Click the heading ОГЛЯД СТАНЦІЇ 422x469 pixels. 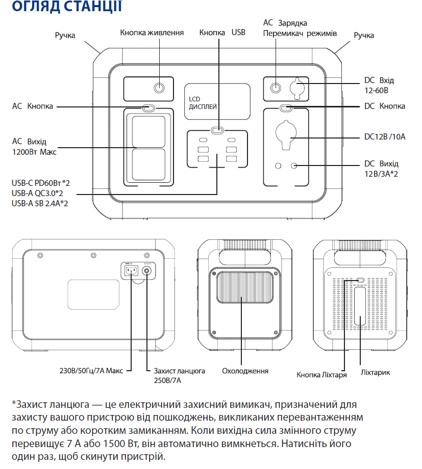tap(66, 7)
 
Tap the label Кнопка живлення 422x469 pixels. tap(152, 33)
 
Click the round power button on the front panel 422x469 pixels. tap(160, 88)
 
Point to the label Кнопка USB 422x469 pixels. tap(222, 33)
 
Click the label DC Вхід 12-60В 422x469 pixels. tap(379, 85)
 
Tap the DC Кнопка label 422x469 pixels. tap(385, 106)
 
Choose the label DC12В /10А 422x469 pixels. tap(384, 137)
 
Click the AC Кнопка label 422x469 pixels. tap(33, 107)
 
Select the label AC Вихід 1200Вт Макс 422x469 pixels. tap(34, 147)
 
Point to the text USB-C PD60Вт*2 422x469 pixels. tap(40, 183)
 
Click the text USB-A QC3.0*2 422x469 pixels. tap(40, 193)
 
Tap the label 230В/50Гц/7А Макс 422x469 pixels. tap(91, 370)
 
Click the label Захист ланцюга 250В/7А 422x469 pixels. tap(176, 375)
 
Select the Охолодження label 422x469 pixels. tap(245, 371)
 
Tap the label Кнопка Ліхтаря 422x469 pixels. tap(322, 375)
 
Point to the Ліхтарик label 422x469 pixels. tap(375, 372)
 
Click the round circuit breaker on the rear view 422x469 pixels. tap(148, 270)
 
